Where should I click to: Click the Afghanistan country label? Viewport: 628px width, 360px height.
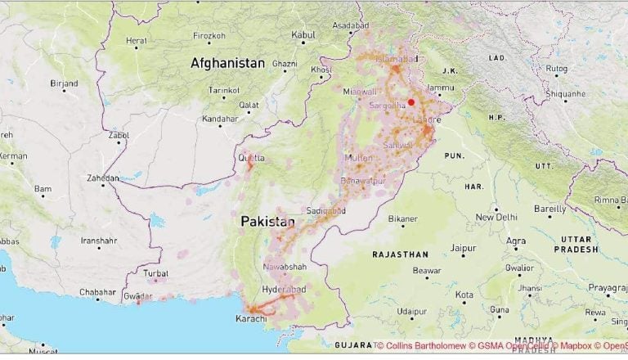(227, 63)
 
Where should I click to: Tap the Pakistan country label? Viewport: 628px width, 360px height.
(267, 222)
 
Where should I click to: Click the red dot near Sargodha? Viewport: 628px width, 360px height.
(411, 102)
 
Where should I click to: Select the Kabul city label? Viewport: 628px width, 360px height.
(303, 35)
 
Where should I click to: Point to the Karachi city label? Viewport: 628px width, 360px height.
(251, 318)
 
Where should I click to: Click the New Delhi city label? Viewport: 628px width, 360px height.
(496, 218)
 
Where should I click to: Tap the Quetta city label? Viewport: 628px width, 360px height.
(250, 157)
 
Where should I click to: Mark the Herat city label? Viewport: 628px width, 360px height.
(136, 40)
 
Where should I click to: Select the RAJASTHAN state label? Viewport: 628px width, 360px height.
(401, 254)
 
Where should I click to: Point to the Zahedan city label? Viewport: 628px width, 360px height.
(104, 177)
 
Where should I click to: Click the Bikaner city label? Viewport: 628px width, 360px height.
(402, 219)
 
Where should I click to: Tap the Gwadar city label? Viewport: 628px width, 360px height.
(138, 295)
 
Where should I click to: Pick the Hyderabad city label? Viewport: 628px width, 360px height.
(284, 290)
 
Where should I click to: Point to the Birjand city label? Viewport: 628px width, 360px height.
(64, 83)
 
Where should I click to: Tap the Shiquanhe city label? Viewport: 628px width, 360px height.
(566, 93)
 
